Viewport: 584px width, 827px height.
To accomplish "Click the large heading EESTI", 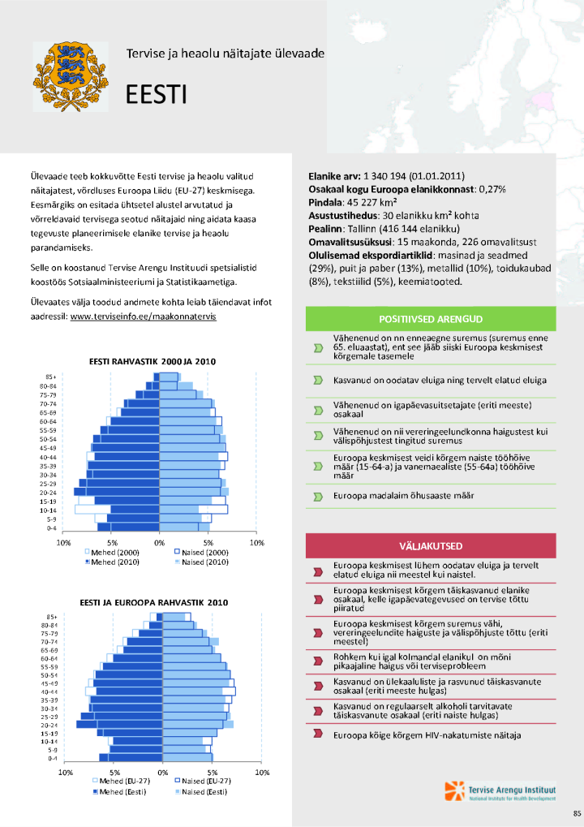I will tap(156, 96).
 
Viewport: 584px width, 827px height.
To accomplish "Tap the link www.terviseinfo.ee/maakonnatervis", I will tap(143, 317).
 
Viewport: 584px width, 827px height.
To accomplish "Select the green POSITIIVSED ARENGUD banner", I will tap(430, 319).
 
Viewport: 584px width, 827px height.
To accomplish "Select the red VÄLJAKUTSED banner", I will tap(430, 545).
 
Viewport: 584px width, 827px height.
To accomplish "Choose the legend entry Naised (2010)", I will tap(201, 562).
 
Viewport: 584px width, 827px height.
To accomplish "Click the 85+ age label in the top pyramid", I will tap(50, 377).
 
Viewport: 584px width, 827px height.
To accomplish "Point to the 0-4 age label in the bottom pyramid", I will tap(52, 758).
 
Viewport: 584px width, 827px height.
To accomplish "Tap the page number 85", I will tap(577, 812).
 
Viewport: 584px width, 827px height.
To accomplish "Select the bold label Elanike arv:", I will tap(335, 176).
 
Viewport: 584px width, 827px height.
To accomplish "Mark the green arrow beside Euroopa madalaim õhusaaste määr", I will tap(317, 496).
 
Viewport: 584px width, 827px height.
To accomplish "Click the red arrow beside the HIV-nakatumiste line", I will tap(317, 735).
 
